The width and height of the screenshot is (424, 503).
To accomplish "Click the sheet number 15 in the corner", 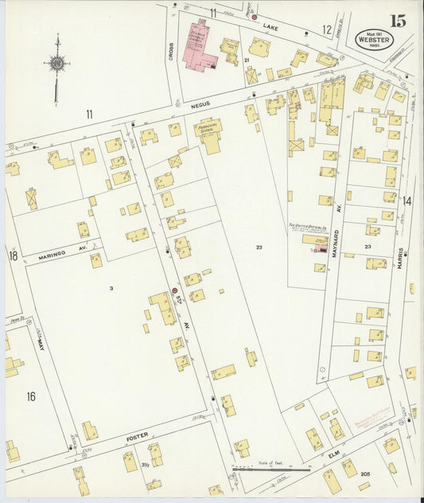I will [x=397, y=21].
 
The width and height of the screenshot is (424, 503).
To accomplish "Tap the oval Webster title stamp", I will [x=368, y=37].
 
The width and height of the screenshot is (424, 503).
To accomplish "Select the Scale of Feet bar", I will [x=270, y=470].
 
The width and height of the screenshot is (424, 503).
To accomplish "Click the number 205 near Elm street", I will [x=365, y=474].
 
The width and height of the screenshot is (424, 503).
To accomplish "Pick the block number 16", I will [x=31, y=396].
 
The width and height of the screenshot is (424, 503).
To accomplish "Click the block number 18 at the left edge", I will [x=13, y=255].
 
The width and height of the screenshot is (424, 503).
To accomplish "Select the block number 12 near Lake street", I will [x=326, y=29].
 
